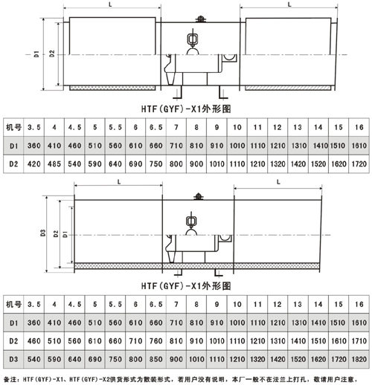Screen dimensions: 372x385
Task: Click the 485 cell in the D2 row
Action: pyautogui.click(x=54, y=164)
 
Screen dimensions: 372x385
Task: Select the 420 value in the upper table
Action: pyautogui.click(x=34, y=164)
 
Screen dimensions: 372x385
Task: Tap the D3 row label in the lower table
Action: pyautogui.click(x=13, y=359)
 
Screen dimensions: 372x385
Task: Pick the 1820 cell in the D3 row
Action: pyautogui.click(x=359, y=359)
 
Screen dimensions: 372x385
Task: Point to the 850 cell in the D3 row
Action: pyautogui.click(x=155, y=359)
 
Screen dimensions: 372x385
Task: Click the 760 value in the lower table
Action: pyautogui.click(x=155, y=341)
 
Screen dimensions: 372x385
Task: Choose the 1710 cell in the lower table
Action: pyautogui.click(x=359, y=341)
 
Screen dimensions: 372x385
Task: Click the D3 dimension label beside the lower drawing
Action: pyautogui.click(x=43, y=233)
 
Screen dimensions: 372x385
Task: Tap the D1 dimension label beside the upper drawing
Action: pyautogui.click(x=36, y=54)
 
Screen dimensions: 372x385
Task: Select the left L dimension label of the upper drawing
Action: pyautogui.click(x=111, y=4)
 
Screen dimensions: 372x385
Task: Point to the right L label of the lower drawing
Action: pyautogui.click(x=278, y=182)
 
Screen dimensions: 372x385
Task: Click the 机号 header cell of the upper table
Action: pyautogui.click(x=13, y=127)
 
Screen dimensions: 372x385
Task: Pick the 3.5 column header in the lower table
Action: pyautogui.click(x=34, y=304)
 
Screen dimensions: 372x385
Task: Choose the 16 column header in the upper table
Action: pyautogui.click(x=359, y=127)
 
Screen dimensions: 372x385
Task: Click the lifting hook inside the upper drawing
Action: pyautogui.click(x=193, y=39)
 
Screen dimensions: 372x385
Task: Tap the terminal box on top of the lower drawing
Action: pyautogui.click(x=199, y=196)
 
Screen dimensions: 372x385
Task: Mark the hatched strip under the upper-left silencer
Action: pyautogui.click(x=112, y=88)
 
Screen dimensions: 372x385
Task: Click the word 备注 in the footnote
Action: pyautogui.click(x=9, y=379)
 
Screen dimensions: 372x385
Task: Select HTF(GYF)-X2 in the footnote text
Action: pyautogui.click(x=86, y=379)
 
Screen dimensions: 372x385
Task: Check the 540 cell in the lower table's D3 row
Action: pyautogui.click(x=34, y=359)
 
